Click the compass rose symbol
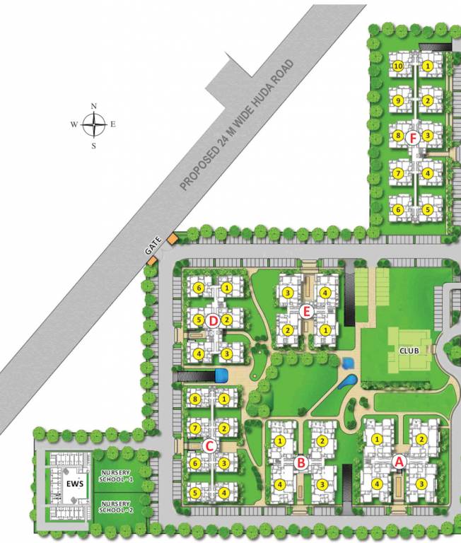pyautogui.click(x=93, y=126)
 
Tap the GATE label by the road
pyautogui.click(x=154, y=245)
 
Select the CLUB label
pyautogui.click(x=409, y=350)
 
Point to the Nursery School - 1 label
pyautogui.click(x=117, y=475)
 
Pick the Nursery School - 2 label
pyautogui.click(x=117, y=506)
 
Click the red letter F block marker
pyautogui.click(x=414, y=138)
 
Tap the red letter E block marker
pyautogui.click(x=306, y=311)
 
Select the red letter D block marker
pyautogui.click(x=213, y=320)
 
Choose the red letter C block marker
pyautogui.click(x=209, y=446)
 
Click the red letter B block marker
pyautogui.click(x=300, y=463)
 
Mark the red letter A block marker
pyautogui.click(x=398, y=462)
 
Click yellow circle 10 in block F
pyautogui.click(x=398, y=66)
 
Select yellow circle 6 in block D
pyautogui.click(x=199, y=288)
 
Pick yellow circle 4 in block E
pyautogui.click(x=325, y=293)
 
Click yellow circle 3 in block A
pyautogui.click(x=421, y=484)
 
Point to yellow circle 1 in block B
pyautogui.click(x=281, y=441)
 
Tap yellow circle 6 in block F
pyautogui.click(x=398, y=210)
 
